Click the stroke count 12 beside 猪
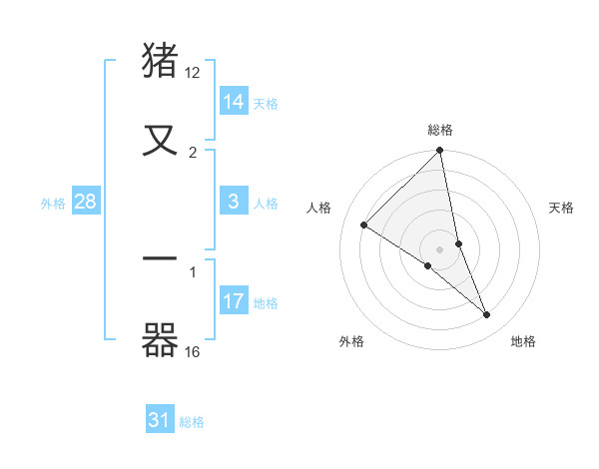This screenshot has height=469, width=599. (x=194, y=73)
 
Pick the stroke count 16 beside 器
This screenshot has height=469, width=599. (x=194, y=351)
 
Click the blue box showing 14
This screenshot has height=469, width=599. (x=234, y=102)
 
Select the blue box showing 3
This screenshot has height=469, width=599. (x=234, y=202)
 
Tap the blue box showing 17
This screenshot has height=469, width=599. (x=234, y=301)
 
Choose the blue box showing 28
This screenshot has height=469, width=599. (x=86, y=202)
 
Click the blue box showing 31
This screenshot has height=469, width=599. (x=160, y=420)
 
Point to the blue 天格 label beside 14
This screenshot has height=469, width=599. (x=266, y=104)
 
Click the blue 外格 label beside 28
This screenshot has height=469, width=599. (x=53, y=204)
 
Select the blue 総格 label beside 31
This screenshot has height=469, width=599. (x=192, y=422)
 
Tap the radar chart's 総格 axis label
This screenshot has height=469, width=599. (x=440, y=130)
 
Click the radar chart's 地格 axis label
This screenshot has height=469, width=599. (x=523, y=341)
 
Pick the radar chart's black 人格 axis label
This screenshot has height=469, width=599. (x=318, y=208)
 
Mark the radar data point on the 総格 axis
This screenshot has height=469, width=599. (x=440, y=152)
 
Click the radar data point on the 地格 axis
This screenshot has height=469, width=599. (x=487, y=315)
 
